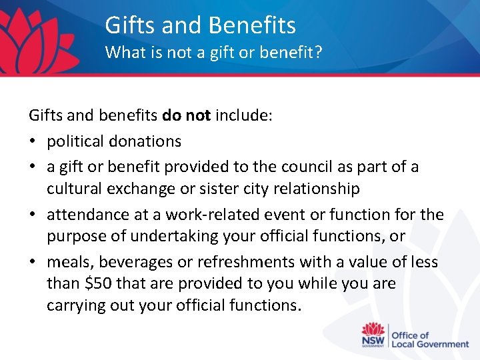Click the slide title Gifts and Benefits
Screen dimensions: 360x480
click(200, 25)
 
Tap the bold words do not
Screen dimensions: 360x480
click(186, 116)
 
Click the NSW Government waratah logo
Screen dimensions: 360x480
click(373, 335)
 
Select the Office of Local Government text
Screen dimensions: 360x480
click(429, 339)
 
